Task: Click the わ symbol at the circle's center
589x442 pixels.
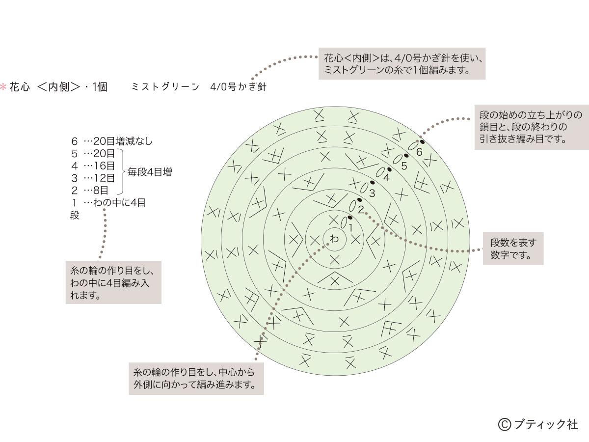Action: coord(334,239)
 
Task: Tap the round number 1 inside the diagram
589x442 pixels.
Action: coord(350,228)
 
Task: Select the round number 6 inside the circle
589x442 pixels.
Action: coord(419,152)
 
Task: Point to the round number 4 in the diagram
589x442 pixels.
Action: coord(386,177)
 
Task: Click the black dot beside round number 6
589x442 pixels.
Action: coord(422,142)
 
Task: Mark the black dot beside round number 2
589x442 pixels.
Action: coord(359,200)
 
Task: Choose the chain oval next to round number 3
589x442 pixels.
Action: coord(364,188)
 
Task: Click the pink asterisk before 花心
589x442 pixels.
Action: coord(3,87)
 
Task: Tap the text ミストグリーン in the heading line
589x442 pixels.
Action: coord(165,87)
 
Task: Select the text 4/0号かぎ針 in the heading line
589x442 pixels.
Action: coord(238,87)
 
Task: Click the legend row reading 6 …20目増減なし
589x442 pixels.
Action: coord(112,141)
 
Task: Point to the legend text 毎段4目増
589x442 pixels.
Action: coord(150,172)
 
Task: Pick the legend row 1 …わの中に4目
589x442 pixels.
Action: coord(108,203)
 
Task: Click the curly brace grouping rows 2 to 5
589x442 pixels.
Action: coord(121,171)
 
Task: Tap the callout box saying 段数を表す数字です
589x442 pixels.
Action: coord(513,249)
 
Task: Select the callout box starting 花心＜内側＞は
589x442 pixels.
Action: coord(402,64)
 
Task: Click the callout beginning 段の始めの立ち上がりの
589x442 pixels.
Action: coord(532,127)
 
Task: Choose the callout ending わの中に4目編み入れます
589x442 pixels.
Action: coord(113,282)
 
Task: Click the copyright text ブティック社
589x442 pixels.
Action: coord(538,424)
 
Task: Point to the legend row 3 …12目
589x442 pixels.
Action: coord(93,178)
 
